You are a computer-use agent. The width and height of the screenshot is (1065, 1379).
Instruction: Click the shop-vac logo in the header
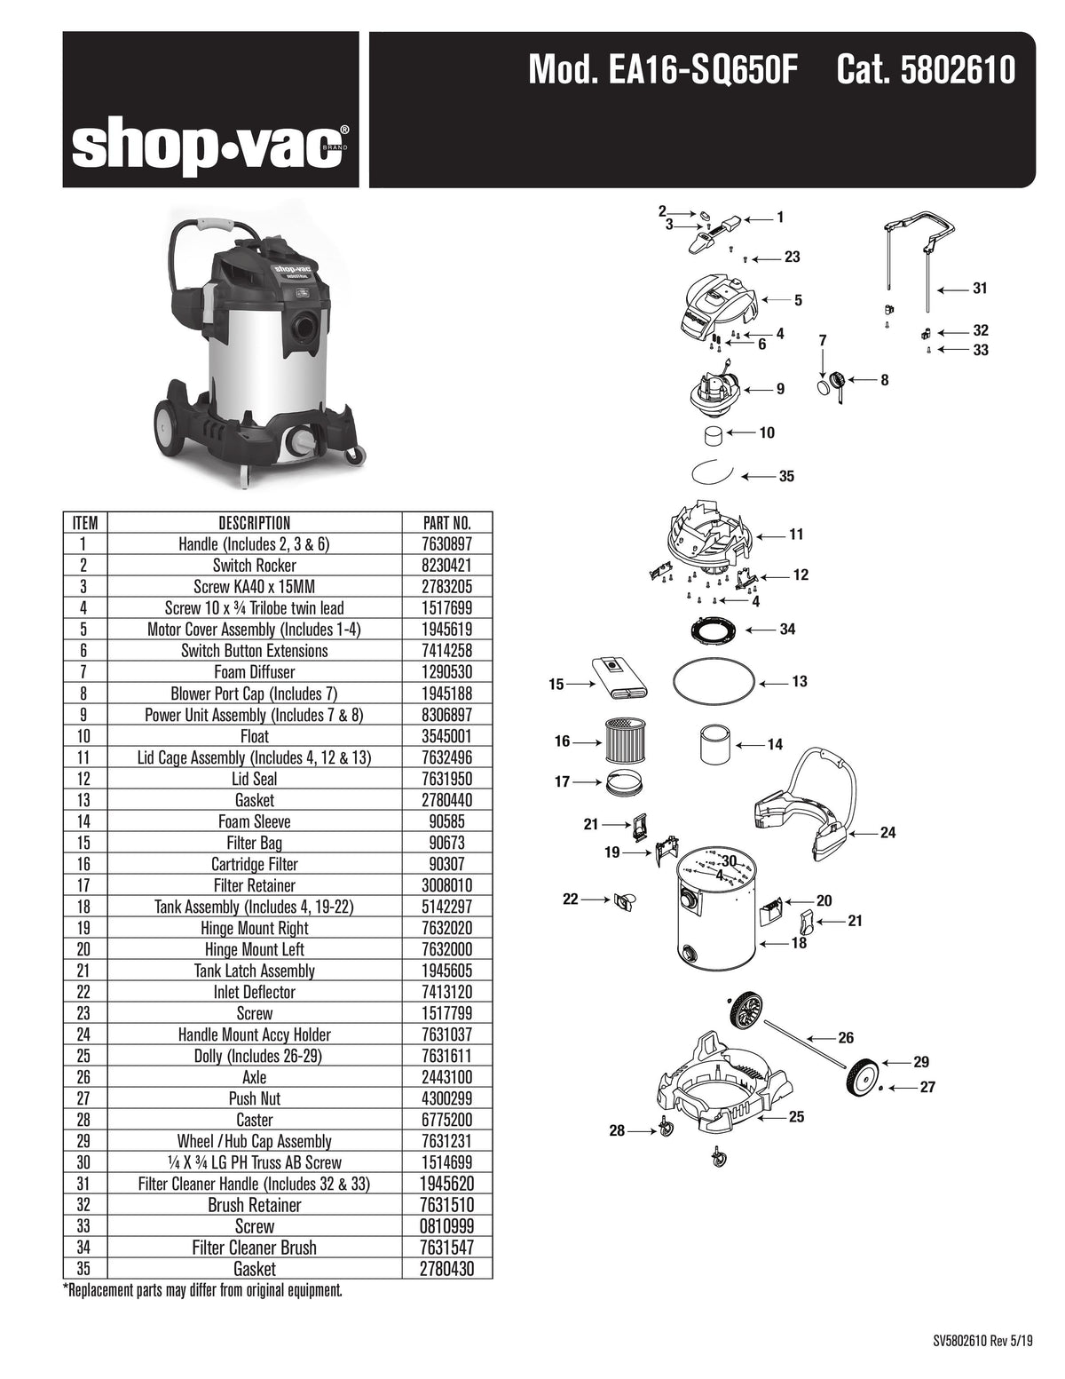[209, 147]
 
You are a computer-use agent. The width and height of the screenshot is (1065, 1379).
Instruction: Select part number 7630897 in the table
[448, 544]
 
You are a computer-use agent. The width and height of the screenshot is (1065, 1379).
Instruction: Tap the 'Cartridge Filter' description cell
[254, 864]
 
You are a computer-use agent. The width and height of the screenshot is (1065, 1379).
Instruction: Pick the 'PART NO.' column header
[448, 523]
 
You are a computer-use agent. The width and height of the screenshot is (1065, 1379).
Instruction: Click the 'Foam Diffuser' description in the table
[254, 672]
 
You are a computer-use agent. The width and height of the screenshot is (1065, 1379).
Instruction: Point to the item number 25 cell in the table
[84, 1056]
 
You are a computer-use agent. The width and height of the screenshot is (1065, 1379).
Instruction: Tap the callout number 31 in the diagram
[979, 289]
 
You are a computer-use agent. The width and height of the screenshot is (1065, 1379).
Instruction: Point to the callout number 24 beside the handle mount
[887, 833]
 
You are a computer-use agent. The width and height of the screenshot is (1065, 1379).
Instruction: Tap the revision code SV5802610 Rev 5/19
[982, 1342]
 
